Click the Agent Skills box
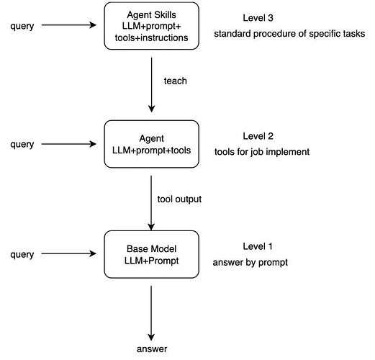pyautogui.click(x=151, y=26)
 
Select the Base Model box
pyautogui.click(x=151, y=254)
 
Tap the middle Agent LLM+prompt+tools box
pyautogui.click(x=151, y=144)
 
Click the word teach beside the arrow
pyautogui.click(x=176, y=81)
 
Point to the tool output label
pyautogui.click(x=179, y=199)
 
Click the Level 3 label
pyautogui.click(x=258, y=18)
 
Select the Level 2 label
pyautogui.click(x=258, y=136)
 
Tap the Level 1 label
pyautogui.click(x=258, y=246)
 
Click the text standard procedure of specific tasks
pyautogui.click(x=289, y=34)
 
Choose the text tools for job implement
pyautogui.click(x=262, y=152)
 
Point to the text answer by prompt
pyautogui.click(x=250, y=263)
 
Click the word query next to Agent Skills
pyautogui.click(x=22, y=26)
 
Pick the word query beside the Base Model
pyautogui.click(x=22, y=255)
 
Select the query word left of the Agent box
pyautogui.click(x=22, y=145)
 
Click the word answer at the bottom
pyautogui.click(x=152, y=349)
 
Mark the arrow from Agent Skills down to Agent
pyautogui.click(x=151, y=85)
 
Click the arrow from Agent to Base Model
pyautogui.click(x=151, y=203)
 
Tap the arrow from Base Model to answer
pyautogui.click(x=151, y=313)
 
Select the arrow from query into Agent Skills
pyautogui.click(x=69, y=25)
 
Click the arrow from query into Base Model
pyautogui.click(x=69, y=253)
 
